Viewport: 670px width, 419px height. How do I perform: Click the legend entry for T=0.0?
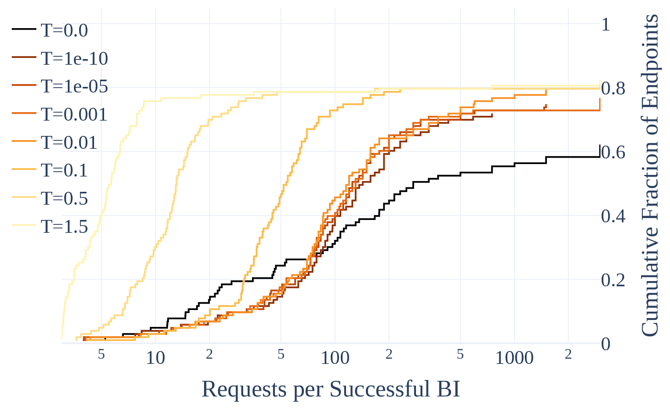[64, 31]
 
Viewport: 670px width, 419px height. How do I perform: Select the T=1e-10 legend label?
[74, 59]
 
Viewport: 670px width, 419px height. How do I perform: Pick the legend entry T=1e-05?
[74, 86]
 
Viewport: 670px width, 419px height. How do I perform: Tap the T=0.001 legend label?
[74, 115]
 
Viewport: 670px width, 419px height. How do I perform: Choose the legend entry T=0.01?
[69, 143]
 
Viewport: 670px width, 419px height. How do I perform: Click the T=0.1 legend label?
[64, 170]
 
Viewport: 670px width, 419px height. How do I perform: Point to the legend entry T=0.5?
[64, 199]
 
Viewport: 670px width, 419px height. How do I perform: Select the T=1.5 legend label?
[64, 227]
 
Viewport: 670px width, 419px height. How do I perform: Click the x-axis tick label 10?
[155, 358]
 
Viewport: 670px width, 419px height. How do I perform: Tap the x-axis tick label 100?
[335, 358]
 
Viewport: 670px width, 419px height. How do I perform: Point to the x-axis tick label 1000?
[514, 358]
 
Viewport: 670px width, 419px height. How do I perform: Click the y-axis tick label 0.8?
[613, 88]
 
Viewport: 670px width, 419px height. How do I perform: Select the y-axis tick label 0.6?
[613, 152]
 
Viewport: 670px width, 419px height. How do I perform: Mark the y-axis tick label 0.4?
[613, 216]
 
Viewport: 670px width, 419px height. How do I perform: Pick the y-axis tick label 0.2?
[613, 280]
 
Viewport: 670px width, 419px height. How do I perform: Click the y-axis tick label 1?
[606, 25]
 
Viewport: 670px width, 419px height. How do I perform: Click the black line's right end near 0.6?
[599, 156]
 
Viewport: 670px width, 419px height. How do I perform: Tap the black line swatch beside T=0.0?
[24, 29]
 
